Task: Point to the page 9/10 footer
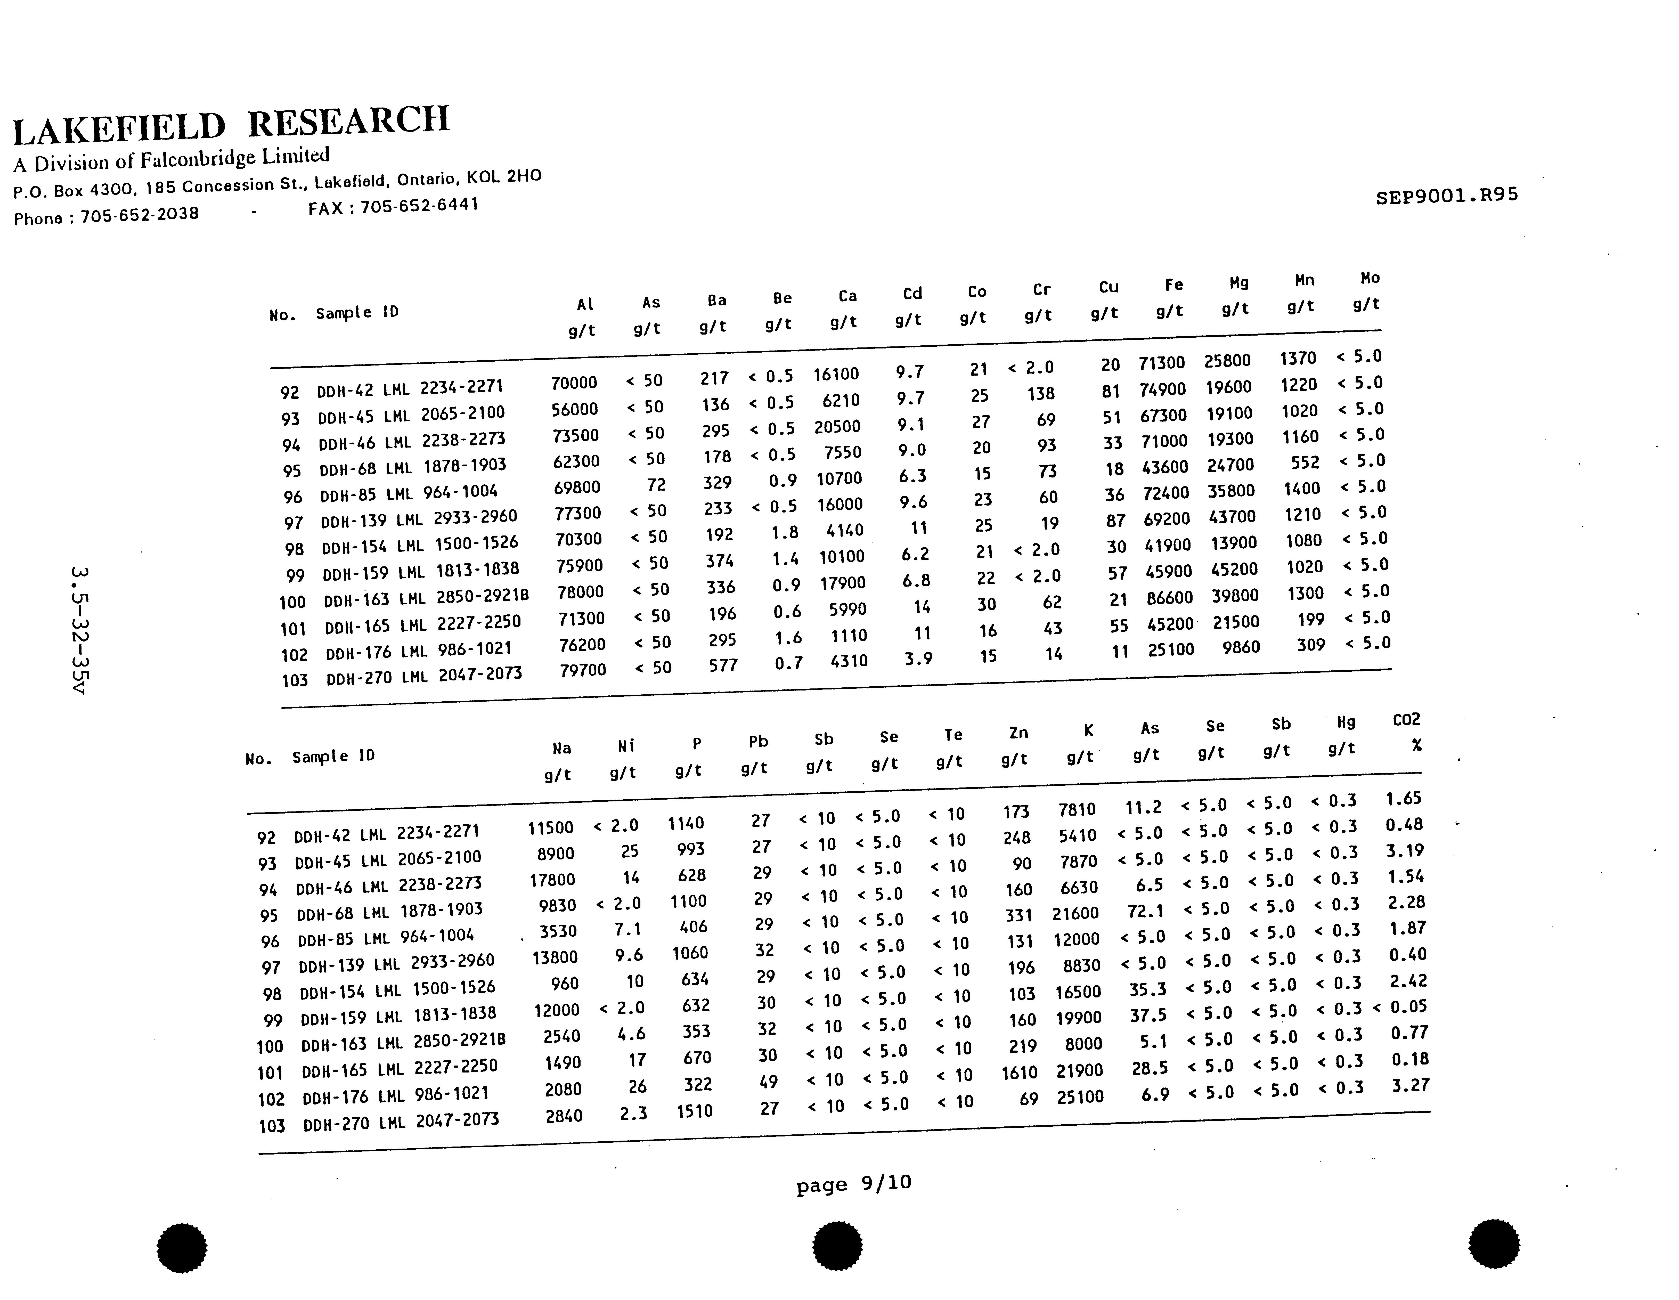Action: [853, 1184]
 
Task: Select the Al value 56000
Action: [574, 409]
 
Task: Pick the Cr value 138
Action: [1041, 394]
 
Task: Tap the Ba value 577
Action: [723, 666]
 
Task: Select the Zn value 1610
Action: [1019, 1072]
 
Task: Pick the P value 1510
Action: [694, 1111]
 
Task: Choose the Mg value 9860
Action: [1241, 647]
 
